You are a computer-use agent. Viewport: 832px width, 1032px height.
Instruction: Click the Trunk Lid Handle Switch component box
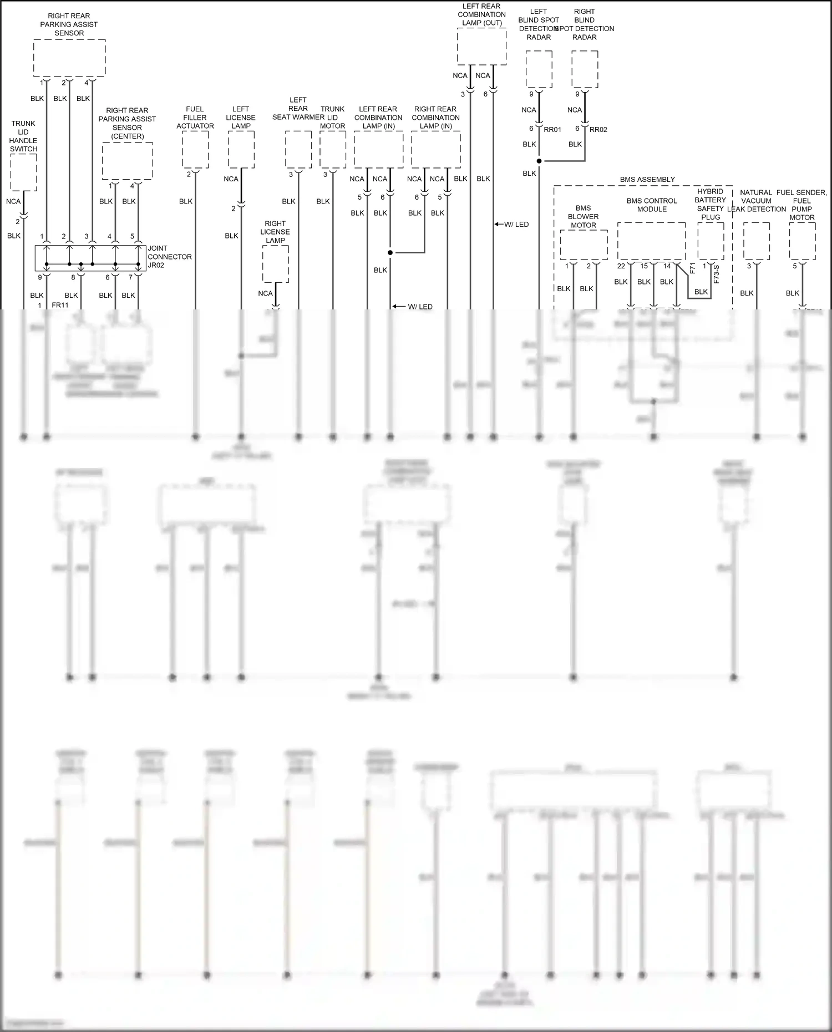tap(23, 172)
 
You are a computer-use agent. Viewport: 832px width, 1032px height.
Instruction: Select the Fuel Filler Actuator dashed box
tap(195, 150)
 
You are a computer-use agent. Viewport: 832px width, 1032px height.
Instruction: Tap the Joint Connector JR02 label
tap(169, 257)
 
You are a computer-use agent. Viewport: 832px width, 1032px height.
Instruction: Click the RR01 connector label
tap(552, 130)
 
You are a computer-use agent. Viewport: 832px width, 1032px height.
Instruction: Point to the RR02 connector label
tap(598, 130)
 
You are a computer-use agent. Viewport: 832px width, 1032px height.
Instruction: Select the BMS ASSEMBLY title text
tap(647, 180)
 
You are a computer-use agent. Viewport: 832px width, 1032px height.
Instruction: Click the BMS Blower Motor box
tap(584, 245)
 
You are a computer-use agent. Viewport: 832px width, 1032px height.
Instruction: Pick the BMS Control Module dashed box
tap(651, 241)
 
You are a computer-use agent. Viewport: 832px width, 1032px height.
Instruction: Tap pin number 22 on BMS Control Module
tap(621, 266)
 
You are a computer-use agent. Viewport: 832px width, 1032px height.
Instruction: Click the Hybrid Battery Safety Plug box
tap(711, 241)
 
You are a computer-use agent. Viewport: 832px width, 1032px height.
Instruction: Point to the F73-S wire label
tap(716, 274)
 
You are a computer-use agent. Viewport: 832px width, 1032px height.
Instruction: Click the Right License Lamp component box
tap(275, 264)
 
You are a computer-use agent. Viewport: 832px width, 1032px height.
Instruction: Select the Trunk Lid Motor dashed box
tap(333, 150)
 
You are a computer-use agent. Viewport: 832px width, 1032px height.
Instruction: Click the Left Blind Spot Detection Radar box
tap(539, 69)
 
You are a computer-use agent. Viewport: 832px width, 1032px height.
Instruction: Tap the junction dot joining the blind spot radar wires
tap(539, 161)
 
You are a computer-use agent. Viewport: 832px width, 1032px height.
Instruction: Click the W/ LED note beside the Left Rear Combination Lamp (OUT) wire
tap(516, 225)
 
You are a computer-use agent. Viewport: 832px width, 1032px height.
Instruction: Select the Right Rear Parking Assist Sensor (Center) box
tap(128, 160)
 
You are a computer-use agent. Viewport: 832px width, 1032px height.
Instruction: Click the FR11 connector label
tap(60, 306)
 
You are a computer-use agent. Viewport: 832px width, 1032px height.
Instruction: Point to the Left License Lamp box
tap(241, 150)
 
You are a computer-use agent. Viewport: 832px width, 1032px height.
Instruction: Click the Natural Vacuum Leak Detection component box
tap(756, 241)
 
